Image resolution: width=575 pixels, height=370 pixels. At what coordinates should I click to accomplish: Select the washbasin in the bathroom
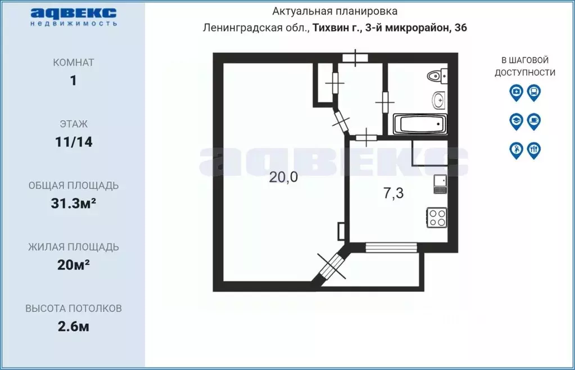tap(438, 100)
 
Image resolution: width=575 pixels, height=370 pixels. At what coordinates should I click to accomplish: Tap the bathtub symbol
tap(420, 124)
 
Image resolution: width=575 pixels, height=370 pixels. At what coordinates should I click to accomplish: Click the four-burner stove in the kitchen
tap(437, 217)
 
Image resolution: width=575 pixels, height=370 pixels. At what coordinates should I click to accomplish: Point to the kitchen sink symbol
tap(440, 184)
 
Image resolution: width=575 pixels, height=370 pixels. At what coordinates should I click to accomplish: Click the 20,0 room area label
tap(283, 177)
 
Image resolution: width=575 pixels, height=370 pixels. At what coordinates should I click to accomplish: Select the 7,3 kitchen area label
tap(393, 193)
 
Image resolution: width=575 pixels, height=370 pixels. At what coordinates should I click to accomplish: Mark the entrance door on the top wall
tap(355, 57)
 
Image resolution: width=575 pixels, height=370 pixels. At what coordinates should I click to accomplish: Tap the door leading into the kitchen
tap(366, 136)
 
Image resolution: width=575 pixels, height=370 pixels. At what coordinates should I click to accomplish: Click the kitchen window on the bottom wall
tap(391, 247)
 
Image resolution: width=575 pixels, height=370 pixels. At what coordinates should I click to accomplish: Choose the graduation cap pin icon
tap(516, 120)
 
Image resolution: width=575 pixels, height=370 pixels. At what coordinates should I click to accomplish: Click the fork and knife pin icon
tap(534, 150)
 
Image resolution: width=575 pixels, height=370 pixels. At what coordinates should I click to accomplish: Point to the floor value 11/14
tap(74, 142)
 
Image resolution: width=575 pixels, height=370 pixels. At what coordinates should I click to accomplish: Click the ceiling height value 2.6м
tap(74, 327)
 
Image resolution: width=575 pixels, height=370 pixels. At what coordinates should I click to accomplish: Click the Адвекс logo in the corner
tap(74, 16)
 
